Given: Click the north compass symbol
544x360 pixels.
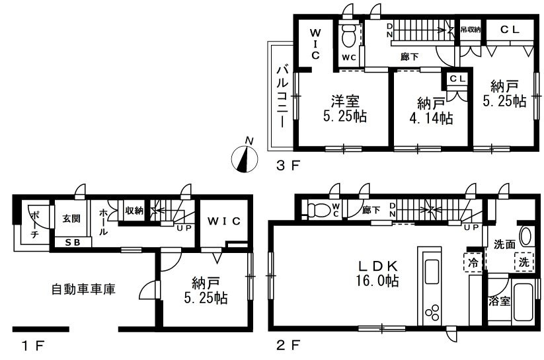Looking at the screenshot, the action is (x=245, y=159).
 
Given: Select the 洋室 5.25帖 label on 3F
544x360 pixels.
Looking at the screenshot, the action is (x=345, y=108).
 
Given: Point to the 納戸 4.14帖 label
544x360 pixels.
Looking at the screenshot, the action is (x=431, y=110).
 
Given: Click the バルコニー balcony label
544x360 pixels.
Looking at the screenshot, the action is (x=282, y=96).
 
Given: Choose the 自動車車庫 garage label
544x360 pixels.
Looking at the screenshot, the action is (x=83, y=289).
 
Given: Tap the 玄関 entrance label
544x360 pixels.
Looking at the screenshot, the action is (x=72, y=219).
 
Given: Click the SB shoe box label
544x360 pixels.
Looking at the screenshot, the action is (x=73, y=242).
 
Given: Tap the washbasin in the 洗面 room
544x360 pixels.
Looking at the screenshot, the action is (x=525, y=236).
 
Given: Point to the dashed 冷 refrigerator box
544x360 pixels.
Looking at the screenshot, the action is (x=473, y=262).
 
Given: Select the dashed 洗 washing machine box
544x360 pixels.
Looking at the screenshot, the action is (x=524, y=262).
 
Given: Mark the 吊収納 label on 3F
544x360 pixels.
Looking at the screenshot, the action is (x=471, y=30).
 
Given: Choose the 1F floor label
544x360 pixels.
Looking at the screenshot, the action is (x=33, y=345).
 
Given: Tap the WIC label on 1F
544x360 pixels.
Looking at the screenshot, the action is (x=224, y=221).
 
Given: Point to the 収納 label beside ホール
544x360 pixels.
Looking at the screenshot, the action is (x=134, y=210).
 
